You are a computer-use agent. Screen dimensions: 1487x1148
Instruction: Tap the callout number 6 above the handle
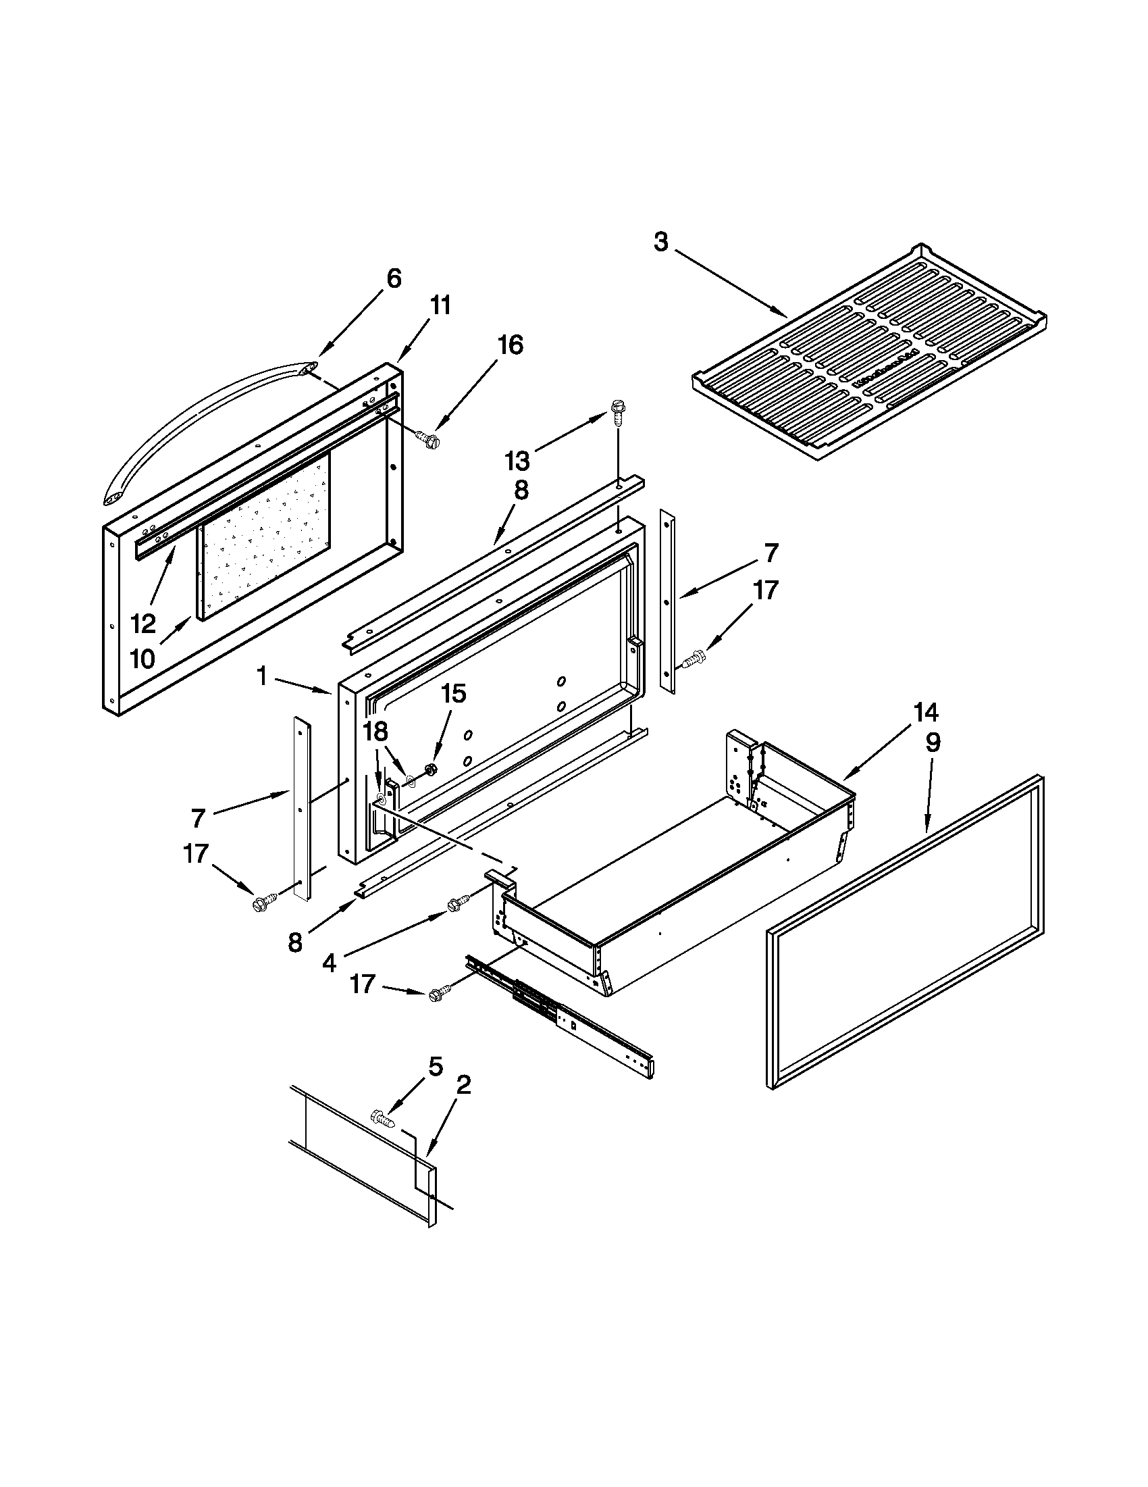coord(393,278)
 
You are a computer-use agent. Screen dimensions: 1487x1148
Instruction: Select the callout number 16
coord(510,345)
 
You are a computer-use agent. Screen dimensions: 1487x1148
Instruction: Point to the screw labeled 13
coord(618,409)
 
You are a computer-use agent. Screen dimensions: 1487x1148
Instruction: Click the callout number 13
coord(517,461)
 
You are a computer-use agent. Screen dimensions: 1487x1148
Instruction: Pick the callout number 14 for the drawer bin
coord(925,712)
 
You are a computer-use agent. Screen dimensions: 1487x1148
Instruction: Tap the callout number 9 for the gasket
coord(933,742)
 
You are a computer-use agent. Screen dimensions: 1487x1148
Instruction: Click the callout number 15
coord(453,694)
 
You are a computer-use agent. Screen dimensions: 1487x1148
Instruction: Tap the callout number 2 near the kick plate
coord(463,1084)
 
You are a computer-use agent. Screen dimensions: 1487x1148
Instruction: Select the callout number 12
coord(144,623)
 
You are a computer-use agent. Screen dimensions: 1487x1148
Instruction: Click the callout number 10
coord(142,659)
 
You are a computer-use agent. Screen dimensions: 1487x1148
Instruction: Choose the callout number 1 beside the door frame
coord(261,676)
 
